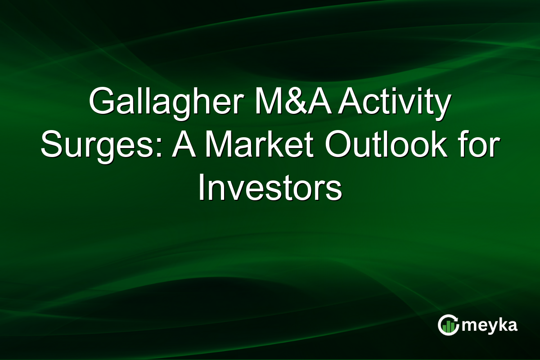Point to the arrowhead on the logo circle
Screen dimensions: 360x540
click(456, 319)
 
